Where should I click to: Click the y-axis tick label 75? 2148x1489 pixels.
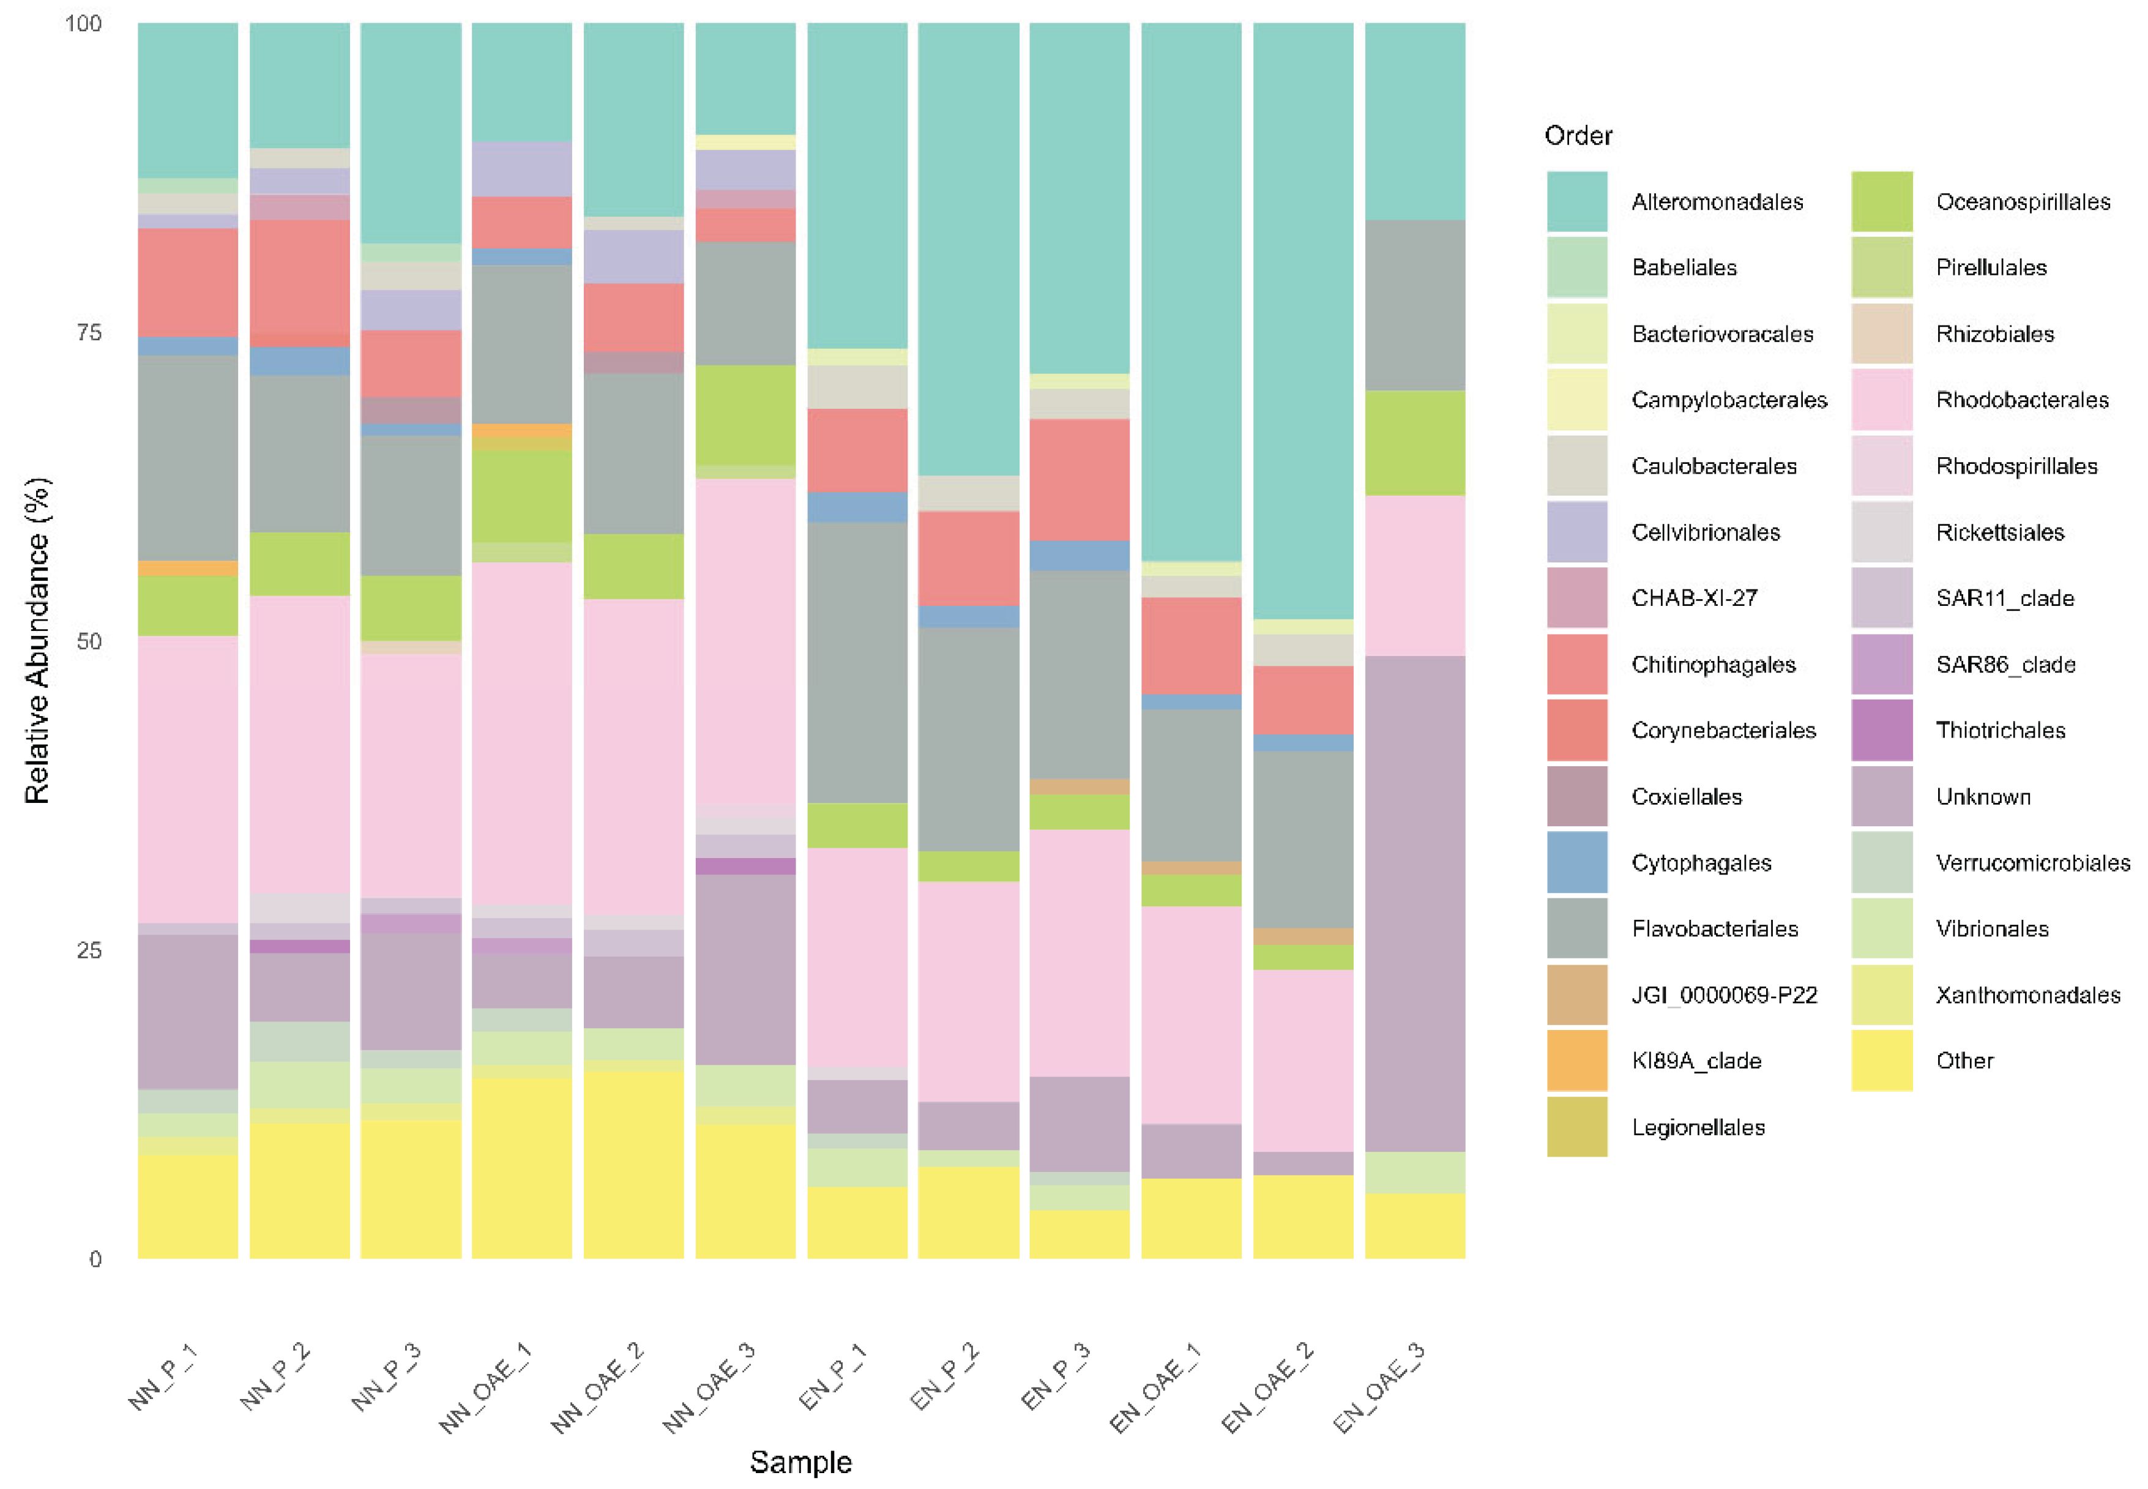(x=89, y=333)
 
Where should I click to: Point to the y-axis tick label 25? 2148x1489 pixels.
(x=89, y=950)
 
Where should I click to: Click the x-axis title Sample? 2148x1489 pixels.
(x=800, y=1462)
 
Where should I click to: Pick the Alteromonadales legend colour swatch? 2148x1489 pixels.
(x=1576, y=201)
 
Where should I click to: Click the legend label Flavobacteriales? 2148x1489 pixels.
(x=1714, y=929)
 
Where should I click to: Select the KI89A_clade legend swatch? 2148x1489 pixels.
(x=1576, y=1061)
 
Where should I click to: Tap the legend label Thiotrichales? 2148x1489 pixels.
(x=2000, y=731)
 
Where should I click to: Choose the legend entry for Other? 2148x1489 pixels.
(x=1964, y=1061)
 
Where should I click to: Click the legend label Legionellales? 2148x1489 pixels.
(x=1698, y=1127)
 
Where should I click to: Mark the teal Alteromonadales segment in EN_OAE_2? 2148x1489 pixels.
(x=1302, y=317)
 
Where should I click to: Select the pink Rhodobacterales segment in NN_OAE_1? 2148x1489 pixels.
(x=521, y=733)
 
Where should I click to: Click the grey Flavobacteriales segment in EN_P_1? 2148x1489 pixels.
(x=856, y=662)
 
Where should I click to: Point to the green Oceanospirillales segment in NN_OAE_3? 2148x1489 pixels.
(x=745, y=415)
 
